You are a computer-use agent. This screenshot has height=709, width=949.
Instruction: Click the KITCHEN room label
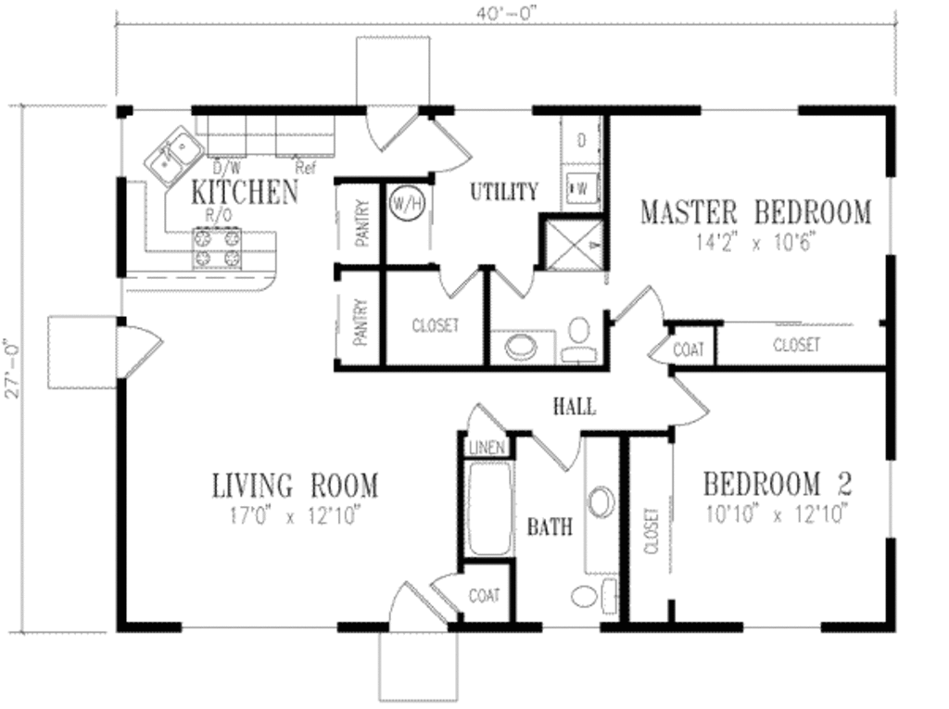[245, 192]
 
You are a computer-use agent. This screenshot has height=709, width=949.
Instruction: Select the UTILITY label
[503, 192]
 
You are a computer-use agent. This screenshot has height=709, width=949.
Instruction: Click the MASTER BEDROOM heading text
[755, 212]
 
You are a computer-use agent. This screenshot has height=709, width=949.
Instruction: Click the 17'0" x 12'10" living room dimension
[296, 516]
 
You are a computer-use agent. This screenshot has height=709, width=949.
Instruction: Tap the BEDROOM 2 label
[777, 484]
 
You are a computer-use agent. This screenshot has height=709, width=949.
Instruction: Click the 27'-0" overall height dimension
[10, 369]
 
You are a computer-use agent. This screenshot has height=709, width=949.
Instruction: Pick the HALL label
[574, 407]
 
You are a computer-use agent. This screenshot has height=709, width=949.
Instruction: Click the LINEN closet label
[487, 448]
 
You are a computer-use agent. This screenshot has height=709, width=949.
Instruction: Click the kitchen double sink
[173, 157]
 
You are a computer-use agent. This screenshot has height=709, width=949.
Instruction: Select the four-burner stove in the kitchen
[217, 249]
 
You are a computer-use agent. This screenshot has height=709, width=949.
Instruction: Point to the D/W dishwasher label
[225, 169]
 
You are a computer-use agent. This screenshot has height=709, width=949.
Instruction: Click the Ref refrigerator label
[306, 169]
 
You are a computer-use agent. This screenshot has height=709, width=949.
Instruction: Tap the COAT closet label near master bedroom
[689, 349]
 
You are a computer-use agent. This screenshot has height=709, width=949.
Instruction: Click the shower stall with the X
[574, 244]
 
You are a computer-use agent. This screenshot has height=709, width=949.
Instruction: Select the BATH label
[550, 528]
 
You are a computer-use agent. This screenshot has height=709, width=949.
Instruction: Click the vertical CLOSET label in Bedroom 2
[651, 530]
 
